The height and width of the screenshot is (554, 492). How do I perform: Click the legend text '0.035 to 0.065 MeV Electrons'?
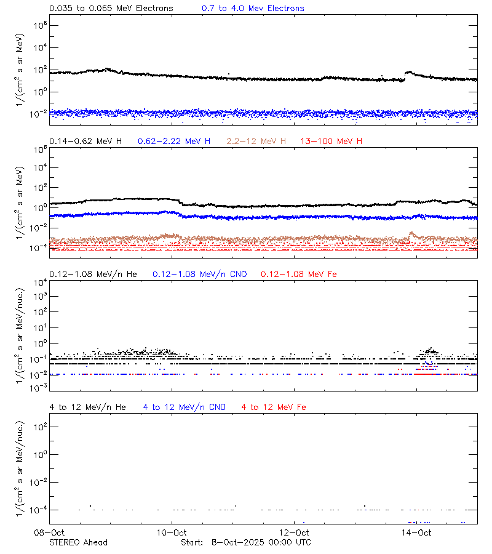coord(111,9)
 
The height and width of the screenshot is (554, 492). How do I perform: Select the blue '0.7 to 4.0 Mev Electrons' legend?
coord(253,9)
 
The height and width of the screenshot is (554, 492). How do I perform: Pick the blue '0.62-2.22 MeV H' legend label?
coord(174,142)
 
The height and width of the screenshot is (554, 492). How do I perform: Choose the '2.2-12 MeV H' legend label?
coord(256,142)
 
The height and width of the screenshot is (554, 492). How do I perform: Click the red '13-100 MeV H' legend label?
coord(331,142)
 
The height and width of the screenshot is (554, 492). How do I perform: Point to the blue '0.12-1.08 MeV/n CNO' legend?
coord(199,274)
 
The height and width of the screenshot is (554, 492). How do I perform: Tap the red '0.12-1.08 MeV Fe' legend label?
coord(299,274)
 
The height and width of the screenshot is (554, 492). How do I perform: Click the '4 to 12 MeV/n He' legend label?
coord(87,407)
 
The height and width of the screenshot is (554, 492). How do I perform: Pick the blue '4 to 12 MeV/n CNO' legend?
coord(184,407)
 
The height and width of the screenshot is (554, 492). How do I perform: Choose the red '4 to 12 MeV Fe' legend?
coord(274,407)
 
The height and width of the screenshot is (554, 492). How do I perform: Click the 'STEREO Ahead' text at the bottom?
coord(78,542)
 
